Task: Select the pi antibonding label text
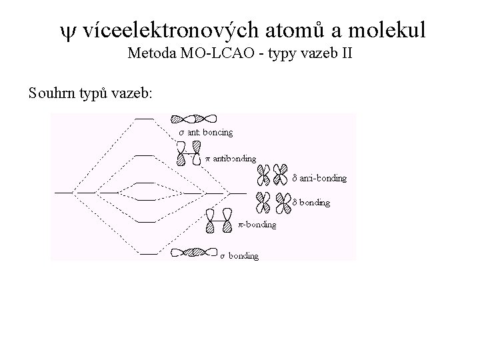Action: pyautogui.click(x=230, y=159)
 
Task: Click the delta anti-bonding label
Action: pyautogui.click(x=320, y=179)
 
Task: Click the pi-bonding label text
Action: pyautogui.click(x=257, y=225)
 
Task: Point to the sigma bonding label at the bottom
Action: pyautogui.click(x=239, y=256)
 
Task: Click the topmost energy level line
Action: pyautogui.click(x=144, y=119)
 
